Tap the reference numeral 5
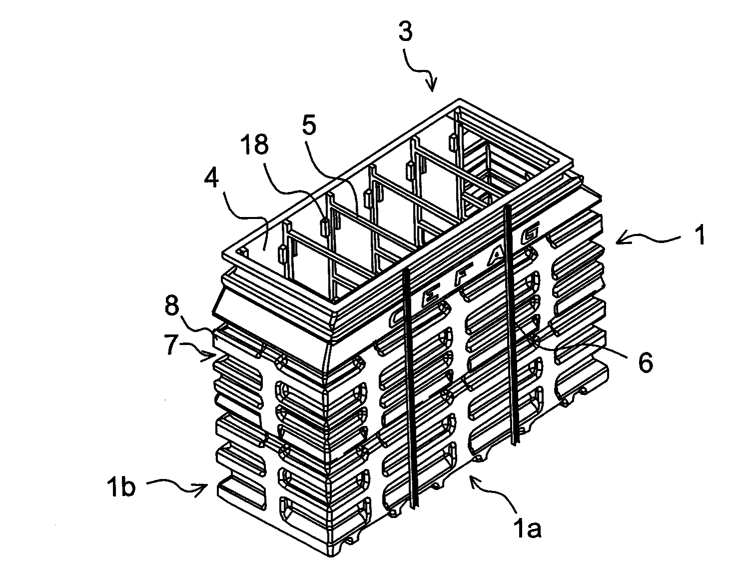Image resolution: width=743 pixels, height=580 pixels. click(x=309, y=126)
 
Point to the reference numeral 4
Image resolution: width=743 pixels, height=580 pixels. click(x=211, y=178)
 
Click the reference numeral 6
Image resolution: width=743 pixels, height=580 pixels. click(x=645, y=363)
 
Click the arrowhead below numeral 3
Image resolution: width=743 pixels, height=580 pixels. click(x=432, y=85)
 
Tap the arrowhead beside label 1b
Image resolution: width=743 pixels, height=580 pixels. click(x=201, y=489)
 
